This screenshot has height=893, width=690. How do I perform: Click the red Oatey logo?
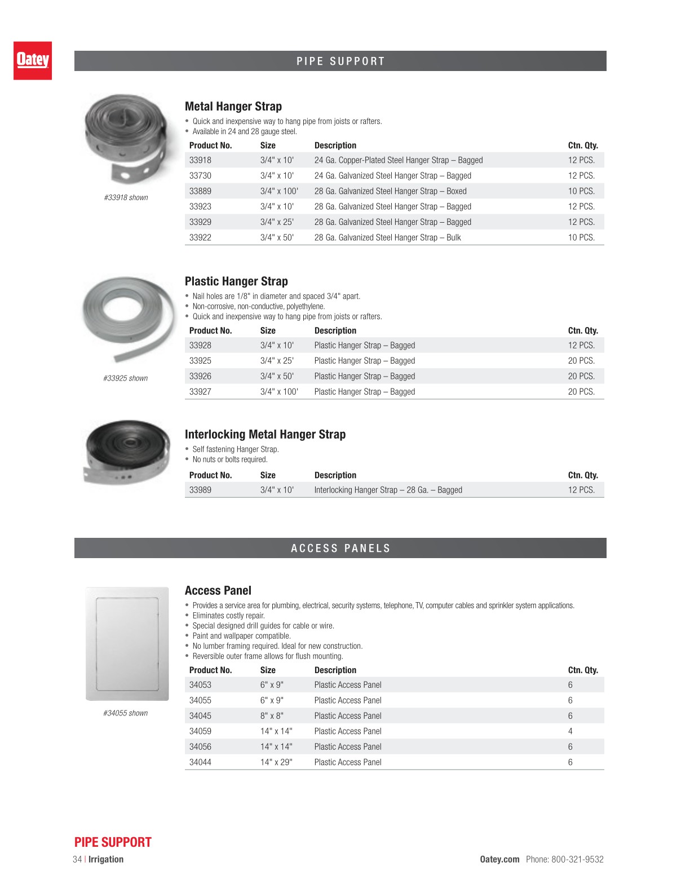pyautogui.click(x=33, y=60)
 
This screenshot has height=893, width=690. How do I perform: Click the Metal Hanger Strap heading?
pyautogui.click(x=233, y=107)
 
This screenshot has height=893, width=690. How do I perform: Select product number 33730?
pyautogui.click(x=200, y=176)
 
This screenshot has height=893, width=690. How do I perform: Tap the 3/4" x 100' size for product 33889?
pyautogui.click(x=279, y=191)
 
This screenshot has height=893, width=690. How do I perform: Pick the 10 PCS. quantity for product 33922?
pyautogui.click(x=581, y=238)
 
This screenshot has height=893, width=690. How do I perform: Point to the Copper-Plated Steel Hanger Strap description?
pyautogui.click(x=398, y=160)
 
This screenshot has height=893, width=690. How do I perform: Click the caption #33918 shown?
pyautogui.click(x=126, y=198)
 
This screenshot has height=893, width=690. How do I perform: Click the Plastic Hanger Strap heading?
pyautogui.click(x=236, y=281)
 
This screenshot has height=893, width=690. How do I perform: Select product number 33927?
pyautogui.click(x=200, y=392)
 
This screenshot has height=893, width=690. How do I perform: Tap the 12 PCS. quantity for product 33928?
pyautogui.click(x=581, y=346)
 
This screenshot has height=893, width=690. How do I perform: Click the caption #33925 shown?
pyautogui.click(x=126, y=378)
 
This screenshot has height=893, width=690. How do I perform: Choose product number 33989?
pyautogui.click(x=200, y=490)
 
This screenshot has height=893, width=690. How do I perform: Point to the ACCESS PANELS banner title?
pyautogui.click(x=340, y=548)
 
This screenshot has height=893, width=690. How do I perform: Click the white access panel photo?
pyautogui.click(x=127, y=643)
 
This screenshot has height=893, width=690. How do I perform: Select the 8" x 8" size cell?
pyautogui.click(x=272, y=716)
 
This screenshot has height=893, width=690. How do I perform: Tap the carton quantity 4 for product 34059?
pyautogui.click(x=570, y=731)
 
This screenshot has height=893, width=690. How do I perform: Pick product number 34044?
pyautogui.click(x=200, y=762)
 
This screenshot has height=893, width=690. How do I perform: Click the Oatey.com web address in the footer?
pyautogui.click(x=499, y=859)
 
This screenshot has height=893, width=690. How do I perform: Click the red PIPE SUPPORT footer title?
pyautogui.click(x=113, y=842)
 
